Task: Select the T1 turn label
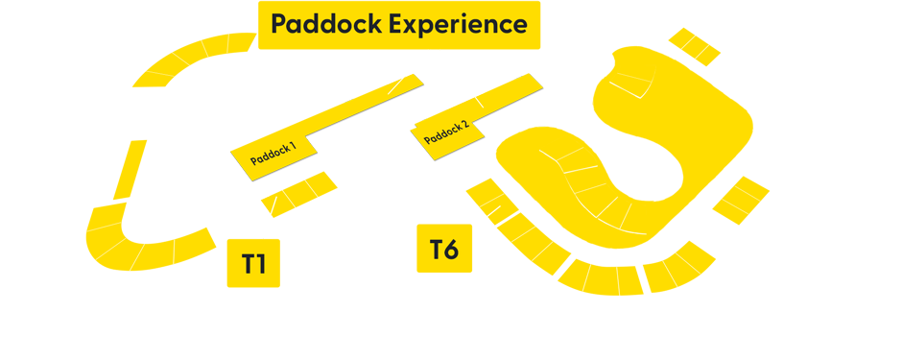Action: click(x=253, y=264)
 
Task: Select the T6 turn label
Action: click(x=443, y=250)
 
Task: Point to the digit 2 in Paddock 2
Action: click(x=465, y=124)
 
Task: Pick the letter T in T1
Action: click(x=247, y=264)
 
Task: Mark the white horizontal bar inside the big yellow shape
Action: click(x=606, y=254)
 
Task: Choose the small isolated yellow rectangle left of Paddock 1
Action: click(x=130, y=170)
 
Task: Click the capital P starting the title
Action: click(x=279, y=24)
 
